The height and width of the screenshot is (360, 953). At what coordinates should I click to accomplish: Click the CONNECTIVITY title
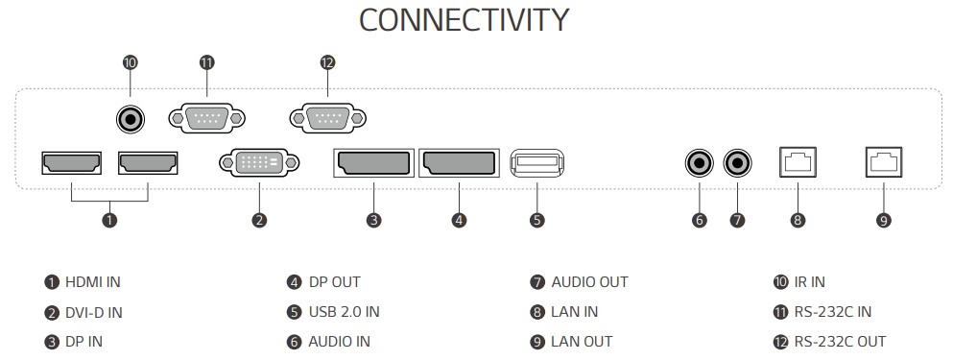point(464,20)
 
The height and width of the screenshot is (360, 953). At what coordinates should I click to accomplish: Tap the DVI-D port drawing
point(259,162)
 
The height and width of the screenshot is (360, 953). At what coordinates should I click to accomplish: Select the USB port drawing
point(537,163)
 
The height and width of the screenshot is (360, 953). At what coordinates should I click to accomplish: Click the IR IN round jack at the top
point(131,119)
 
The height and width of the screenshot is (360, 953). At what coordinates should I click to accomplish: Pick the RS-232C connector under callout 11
point(206,118)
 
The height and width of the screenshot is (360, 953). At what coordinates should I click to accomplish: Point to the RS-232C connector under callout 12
point(328,118)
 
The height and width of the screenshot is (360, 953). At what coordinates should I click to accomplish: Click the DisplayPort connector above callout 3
point(373,163)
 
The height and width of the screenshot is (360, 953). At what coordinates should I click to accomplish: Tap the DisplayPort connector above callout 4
point(459,163)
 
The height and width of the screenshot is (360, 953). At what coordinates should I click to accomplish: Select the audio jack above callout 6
point(699,163)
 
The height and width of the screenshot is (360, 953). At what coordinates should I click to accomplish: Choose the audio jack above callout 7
point(738,163)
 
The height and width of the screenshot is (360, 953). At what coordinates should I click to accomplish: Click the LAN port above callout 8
point(798,162)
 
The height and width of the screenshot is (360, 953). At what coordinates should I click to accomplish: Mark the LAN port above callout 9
point(884,162)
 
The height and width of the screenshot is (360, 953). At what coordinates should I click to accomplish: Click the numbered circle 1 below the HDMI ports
point(109,220)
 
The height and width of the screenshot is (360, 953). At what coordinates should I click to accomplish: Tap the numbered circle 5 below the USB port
point(536,220)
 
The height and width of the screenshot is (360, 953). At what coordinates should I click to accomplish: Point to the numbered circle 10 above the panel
point(131,62)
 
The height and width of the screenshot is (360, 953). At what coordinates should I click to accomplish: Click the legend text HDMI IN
point(93,282)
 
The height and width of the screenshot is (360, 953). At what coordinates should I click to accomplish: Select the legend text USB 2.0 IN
point(344,312)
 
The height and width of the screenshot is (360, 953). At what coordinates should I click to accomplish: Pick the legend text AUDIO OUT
point(589,282)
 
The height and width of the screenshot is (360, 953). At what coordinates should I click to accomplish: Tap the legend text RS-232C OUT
point(840,342)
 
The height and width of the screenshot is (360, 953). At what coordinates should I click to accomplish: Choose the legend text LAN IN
point(574,312)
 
